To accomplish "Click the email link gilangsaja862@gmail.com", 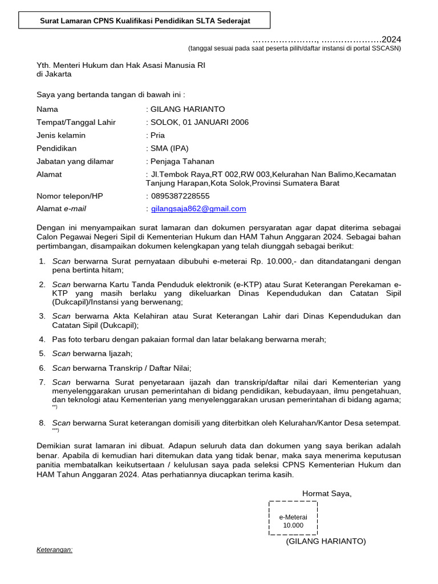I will click(198, 209).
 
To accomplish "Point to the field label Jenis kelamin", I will click(61, 135).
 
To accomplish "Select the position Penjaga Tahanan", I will click(182, 161).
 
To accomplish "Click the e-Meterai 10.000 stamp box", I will click(293, 518).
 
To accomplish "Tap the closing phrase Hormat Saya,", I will click(327, 493).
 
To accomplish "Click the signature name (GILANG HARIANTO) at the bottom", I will click(326, 541).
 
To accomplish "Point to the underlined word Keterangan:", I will click(55, 550).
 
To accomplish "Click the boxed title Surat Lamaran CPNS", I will click(145, 21).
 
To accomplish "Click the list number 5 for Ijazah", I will click(42, 354).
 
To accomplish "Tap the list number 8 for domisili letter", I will click(42, 423).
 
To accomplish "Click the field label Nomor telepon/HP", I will click(70, 196).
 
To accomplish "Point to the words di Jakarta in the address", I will click(54, 74).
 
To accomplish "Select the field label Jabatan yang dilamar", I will click(75, 161).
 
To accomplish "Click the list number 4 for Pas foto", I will click(42, 339).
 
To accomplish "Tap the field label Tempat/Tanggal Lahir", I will click(76, 122).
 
